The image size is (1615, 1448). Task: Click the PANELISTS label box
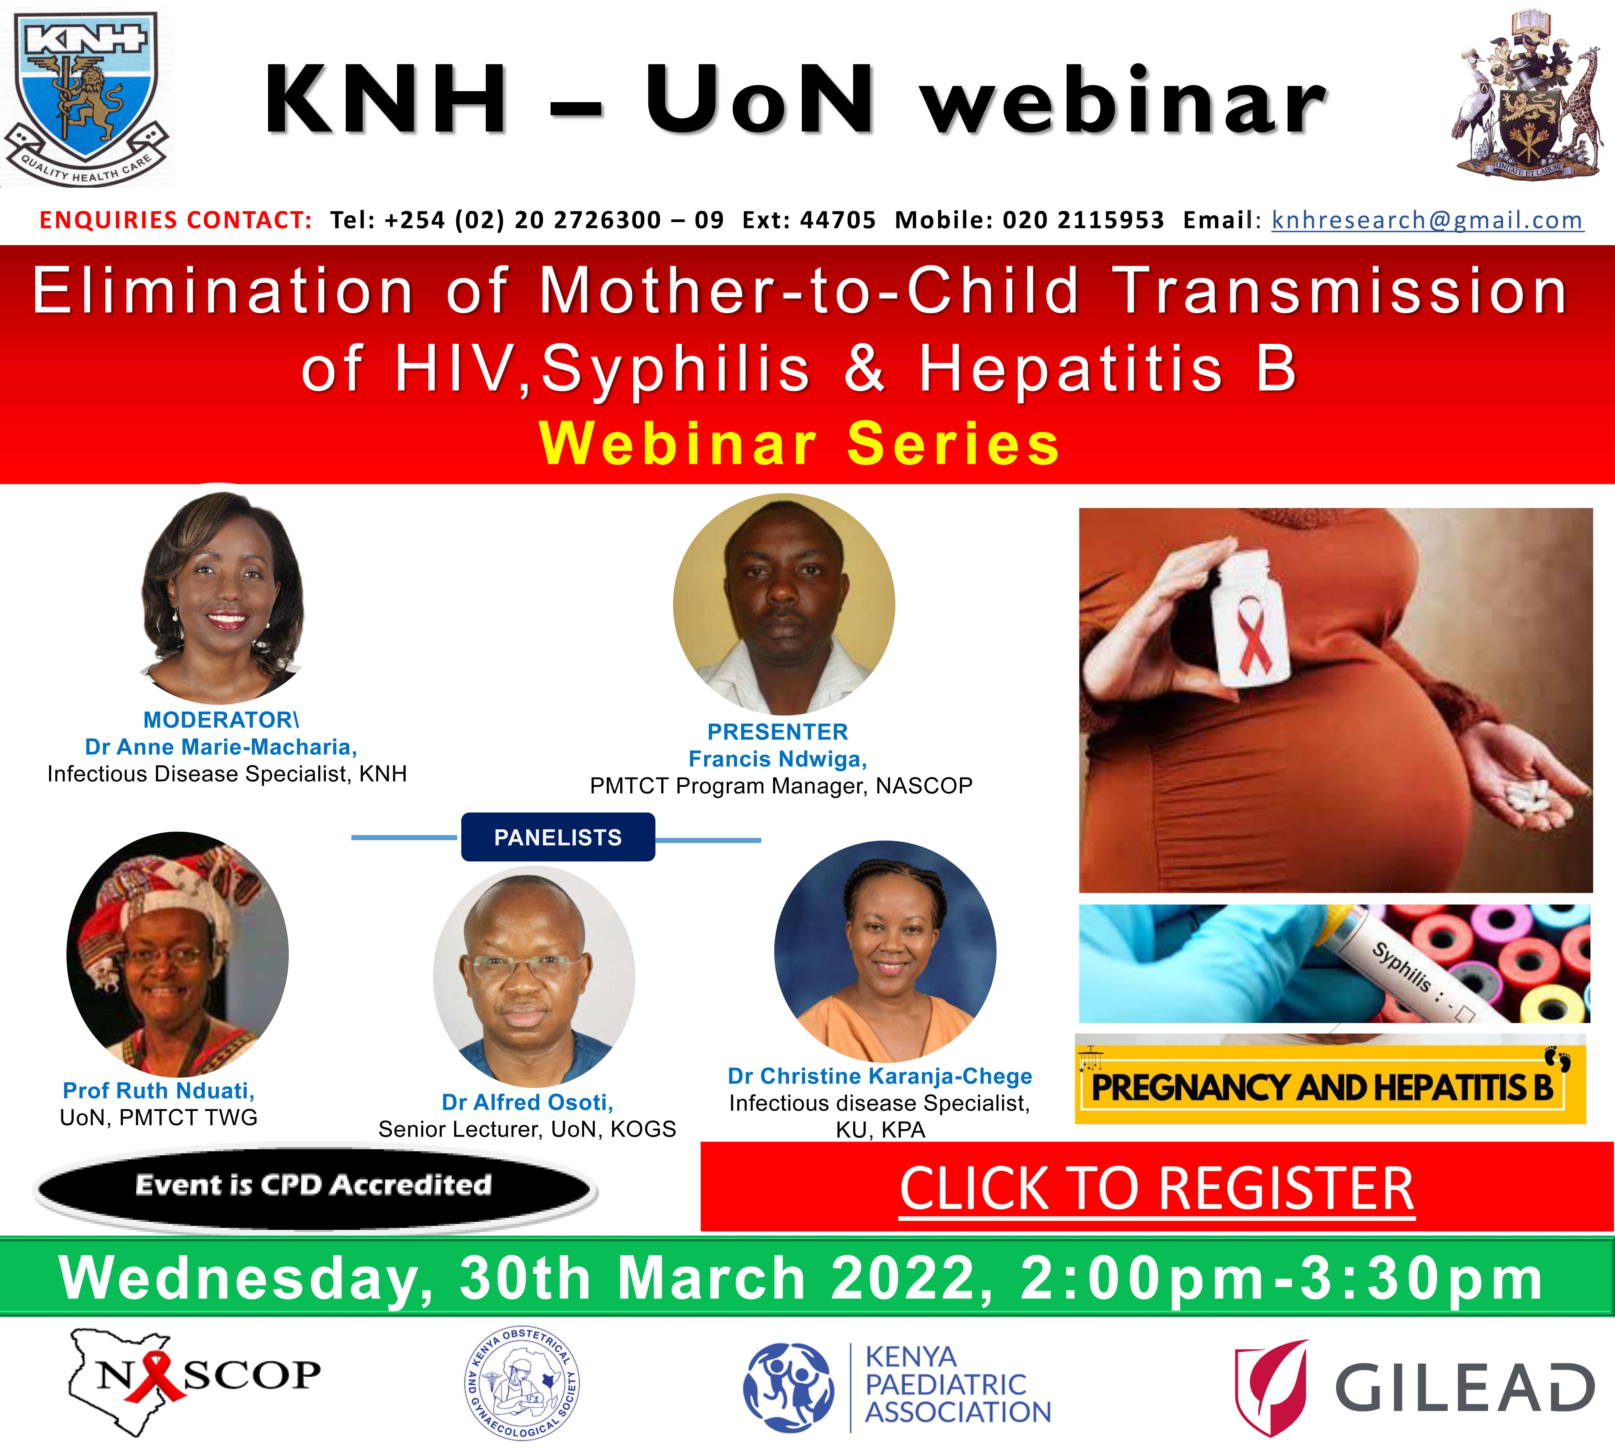(558, 837)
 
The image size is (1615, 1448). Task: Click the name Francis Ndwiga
(777, 759)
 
